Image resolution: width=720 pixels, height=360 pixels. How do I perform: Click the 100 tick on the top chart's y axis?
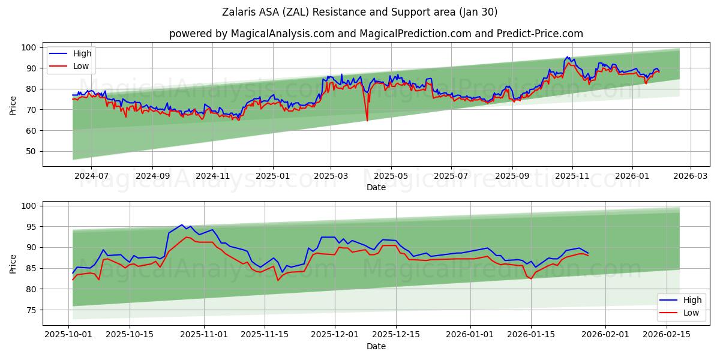coord(28,47)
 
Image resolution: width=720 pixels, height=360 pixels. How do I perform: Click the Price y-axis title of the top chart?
coord(13,105)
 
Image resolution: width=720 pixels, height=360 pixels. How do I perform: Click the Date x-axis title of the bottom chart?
coord(376,347)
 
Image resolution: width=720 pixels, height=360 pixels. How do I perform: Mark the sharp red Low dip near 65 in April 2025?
coord(367,121)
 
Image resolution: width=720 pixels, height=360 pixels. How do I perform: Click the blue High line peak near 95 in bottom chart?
coord(182,225)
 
